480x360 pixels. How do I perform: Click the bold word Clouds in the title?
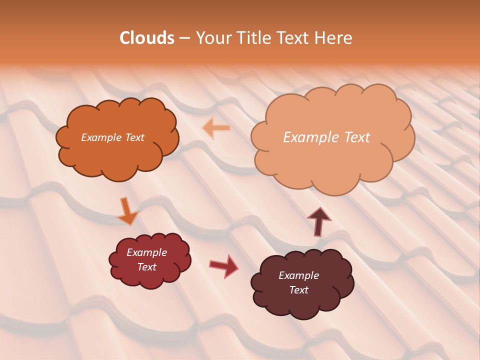click(x=147, y=38)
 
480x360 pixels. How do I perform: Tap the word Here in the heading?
click(x=335, y=38)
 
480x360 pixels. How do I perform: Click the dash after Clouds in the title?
click(x=184, y=38)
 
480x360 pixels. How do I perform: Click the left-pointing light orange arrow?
click(x=216, y=128)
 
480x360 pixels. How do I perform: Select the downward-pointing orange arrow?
click(x=127, y=211)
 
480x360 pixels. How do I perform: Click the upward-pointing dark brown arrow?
click(x=318, y=221)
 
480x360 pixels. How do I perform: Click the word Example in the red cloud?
click(x=146, y=252)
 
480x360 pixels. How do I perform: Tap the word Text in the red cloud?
click(x=146, y=267)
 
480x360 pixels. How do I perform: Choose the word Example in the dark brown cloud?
click(x=298, y=275)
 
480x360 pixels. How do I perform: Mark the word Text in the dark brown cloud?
click(x=298, y=290)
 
